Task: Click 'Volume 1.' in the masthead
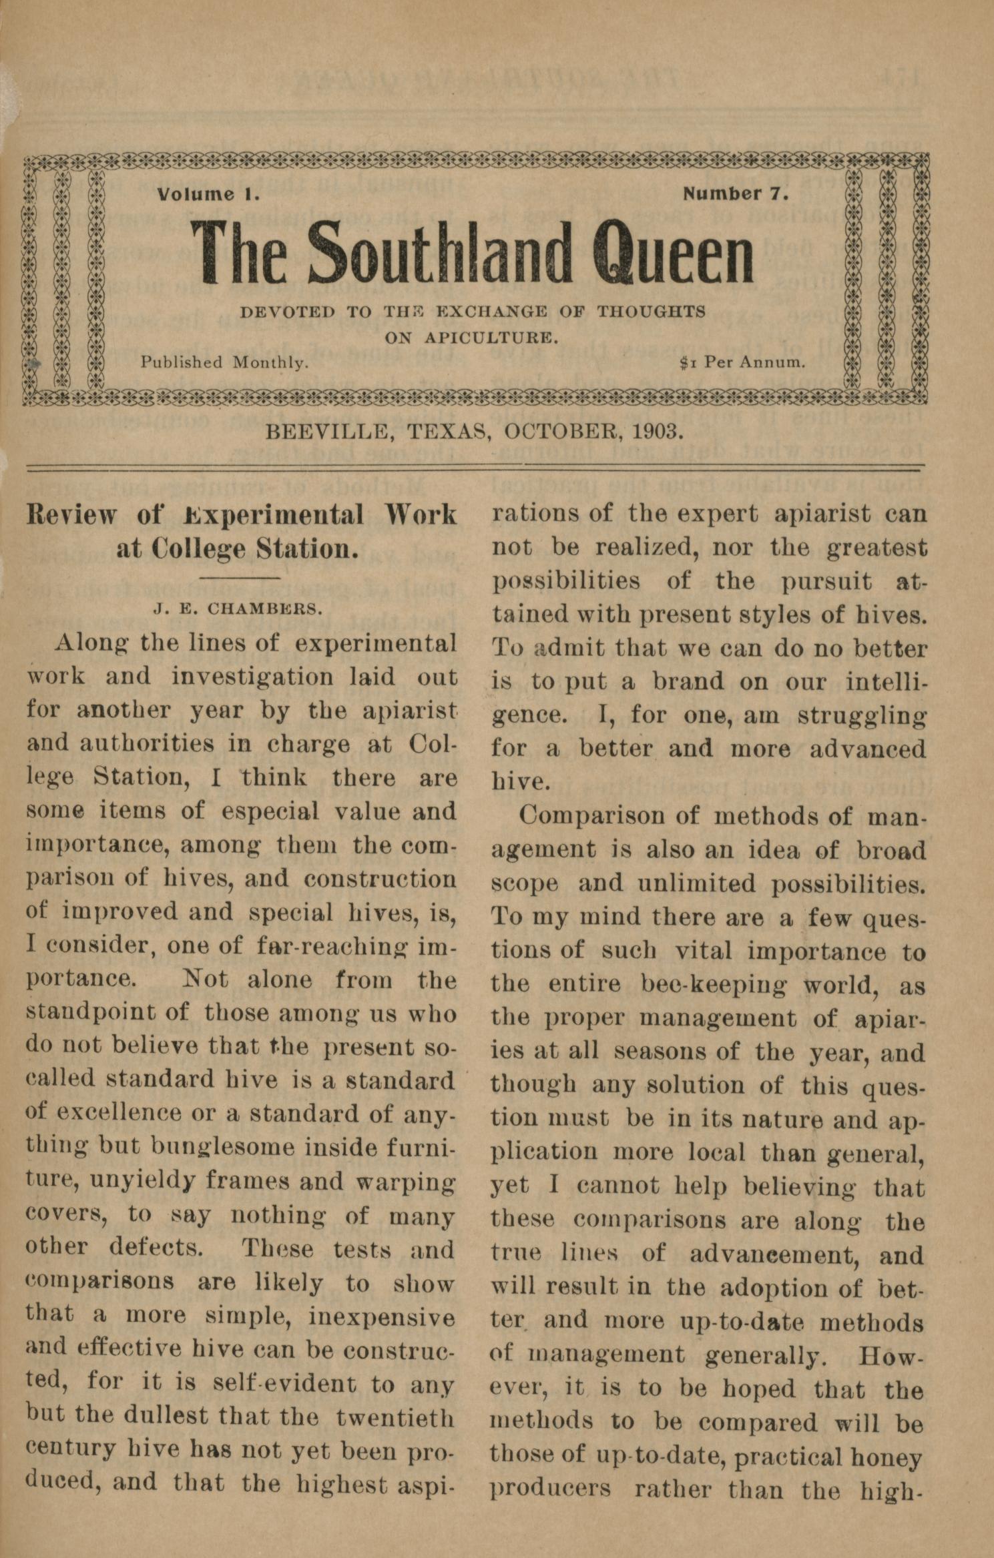pyautogui.click(x=208, y=195)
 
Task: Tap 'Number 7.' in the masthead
pyautogui.click(x=736, y=193)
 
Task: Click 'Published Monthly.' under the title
pyautogui.click(x=224, y=362)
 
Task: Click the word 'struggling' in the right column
pyautogui.click(x=861, y=715)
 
